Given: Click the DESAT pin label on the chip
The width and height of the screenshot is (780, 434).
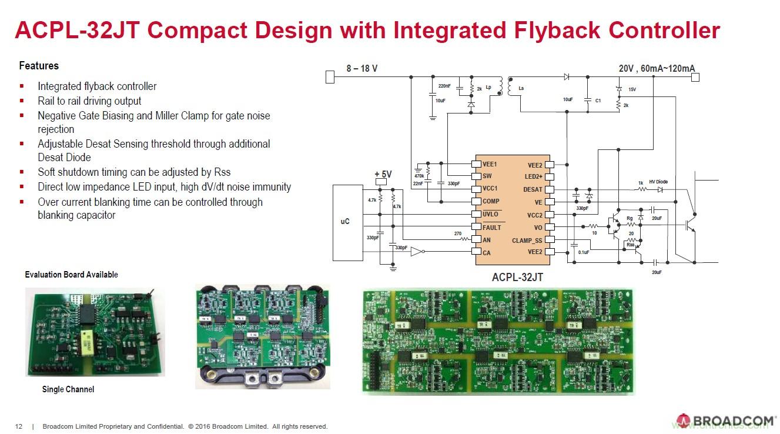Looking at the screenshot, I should (x=533, y=189).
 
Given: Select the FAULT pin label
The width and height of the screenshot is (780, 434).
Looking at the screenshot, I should (x=492, y=227).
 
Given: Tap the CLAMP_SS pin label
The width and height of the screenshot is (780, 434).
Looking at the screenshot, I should (x=527, y=240).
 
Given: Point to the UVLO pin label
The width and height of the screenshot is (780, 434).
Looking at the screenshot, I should (x=491, y=215).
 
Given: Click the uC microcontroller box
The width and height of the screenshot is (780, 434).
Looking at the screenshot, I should (x=346, y=222).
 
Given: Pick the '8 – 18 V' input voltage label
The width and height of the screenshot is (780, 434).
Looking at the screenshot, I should (x=361, y=69).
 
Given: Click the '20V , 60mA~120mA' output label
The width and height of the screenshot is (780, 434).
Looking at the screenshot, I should (x=657, y=69).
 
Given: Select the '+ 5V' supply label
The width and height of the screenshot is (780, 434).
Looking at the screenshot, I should (x=383, y=174).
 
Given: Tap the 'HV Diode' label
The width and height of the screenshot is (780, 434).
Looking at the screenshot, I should (x=658, y=182).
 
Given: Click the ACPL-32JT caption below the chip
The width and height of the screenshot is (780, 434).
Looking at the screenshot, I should (x=517, y=276).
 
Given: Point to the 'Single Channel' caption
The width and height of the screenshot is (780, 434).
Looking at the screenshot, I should (x=68, y=389).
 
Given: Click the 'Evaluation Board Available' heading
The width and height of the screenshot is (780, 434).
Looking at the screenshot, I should (x=71, y=275).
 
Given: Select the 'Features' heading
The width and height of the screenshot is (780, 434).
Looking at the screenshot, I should (x=39, y=66).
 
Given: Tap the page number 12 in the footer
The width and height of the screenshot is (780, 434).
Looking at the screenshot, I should (x=18, y=426).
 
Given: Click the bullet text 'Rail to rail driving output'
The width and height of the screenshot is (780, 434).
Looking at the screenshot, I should (x=89, y=101).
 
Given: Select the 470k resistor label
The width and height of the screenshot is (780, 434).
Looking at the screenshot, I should (x=419, y=176).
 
